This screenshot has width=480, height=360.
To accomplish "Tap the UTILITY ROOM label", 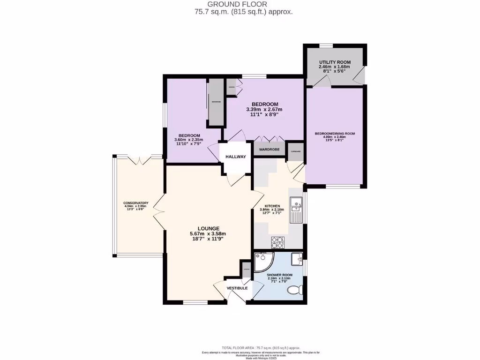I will tap(335, 62).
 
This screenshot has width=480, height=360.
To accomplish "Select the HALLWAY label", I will tap(235, 157).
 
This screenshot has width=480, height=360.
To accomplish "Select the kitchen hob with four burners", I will tap(278, 242).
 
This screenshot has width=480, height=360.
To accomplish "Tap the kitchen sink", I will tap(297, 205).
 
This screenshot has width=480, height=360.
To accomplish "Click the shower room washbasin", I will tap(297, 259).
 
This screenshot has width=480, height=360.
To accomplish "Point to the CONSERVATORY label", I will tap(136, 203).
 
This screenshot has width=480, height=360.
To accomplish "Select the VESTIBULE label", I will tap(237, 288).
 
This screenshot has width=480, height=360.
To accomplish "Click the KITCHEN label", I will tap(272, 206).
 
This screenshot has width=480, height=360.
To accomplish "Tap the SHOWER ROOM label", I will tap(279, 275).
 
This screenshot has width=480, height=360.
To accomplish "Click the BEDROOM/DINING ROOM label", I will tap(335, 134).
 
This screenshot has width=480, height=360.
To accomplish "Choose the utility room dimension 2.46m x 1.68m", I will tap(335, 67).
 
